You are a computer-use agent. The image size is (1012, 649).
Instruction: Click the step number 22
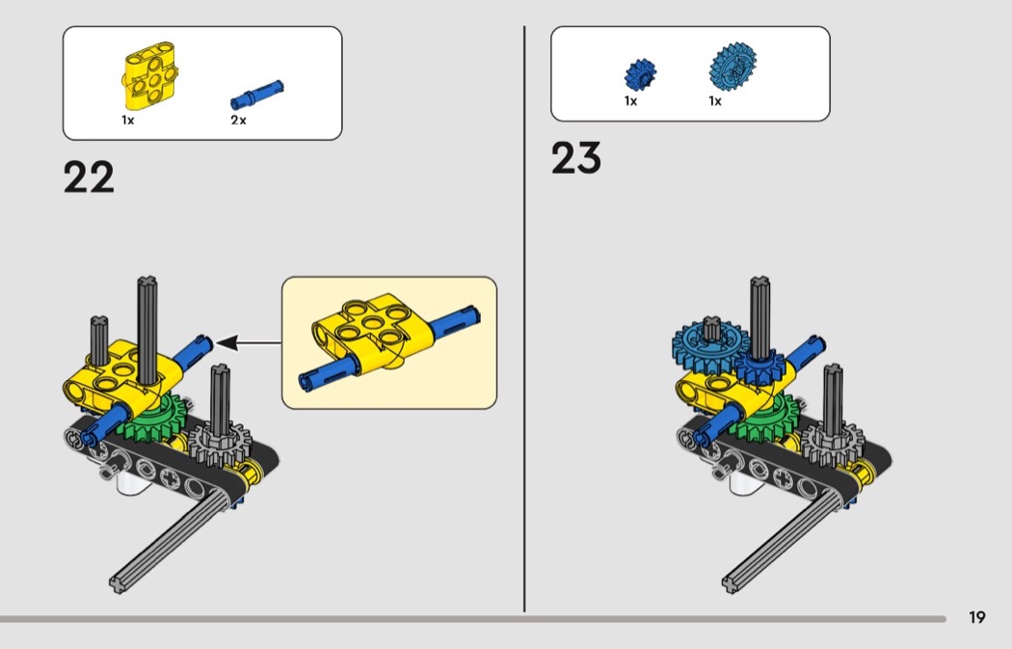(89, 176)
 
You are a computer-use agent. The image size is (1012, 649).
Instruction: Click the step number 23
(575, 157)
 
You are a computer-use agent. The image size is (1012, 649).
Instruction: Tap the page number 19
(977, 617)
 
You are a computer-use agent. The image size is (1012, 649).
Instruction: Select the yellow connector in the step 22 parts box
(150, 74)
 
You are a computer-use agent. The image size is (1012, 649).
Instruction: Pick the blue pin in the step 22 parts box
(256, 95)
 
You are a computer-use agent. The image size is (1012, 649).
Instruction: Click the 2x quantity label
(238, 121)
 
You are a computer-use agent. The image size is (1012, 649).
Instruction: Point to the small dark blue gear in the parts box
(640, 74)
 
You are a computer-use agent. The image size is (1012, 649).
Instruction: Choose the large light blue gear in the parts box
(732, 67)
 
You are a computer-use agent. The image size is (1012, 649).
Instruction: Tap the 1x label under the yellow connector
(128, 121)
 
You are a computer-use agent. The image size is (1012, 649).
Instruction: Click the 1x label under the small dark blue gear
(630, 101)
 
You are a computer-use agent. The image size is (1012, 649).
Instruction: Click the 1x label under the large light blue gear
(715, 101)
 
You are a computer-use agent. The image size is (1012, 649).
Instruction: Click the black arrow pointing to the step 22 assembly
(248, 343)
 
